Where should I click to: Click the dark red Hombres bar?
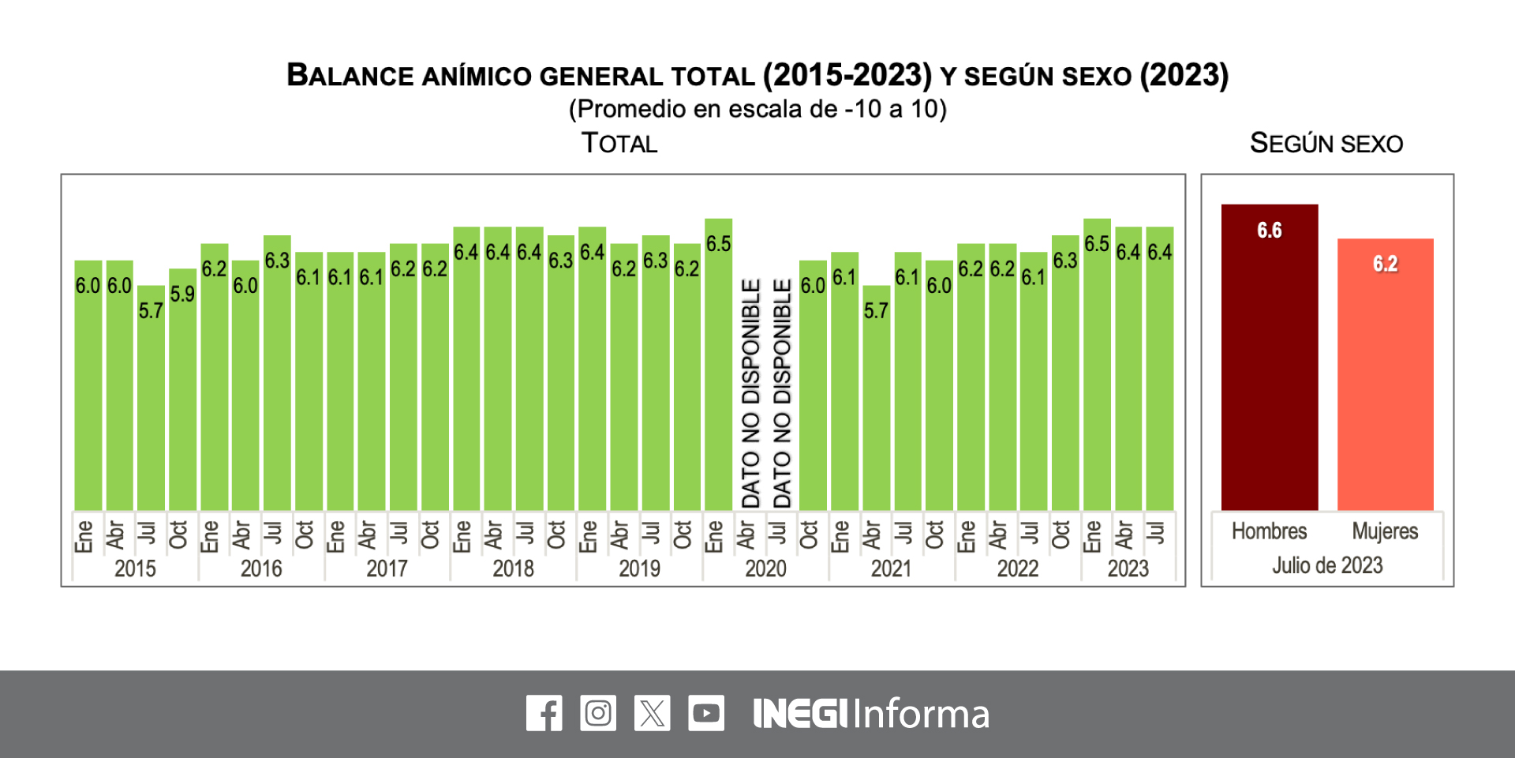[1269, 363]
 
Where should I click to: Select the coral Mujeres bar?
[1385, 379]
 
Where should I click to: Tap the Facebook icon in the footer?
[544, 713]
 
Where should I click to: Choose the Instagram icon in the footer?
[598, 713]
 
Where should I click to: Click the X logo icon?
[652, 713]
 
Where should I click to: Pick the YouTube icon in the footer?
[705, 713]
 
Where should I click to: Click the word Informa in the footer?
[921, 714]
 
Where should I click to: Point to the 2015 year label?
[135, 568]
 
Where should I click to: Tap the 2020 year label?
[765, 568]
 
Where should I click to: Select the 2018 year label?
[513, 568]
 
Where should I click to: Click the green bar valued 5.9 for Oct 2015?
[182, 395]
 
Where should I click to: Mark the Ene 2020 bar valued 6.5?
[718, 371]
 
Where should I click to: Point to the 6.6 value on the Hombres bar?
[1269, 231]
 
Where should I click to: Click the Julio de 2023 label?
[1327, 565]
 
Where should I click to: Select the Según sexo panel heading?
[1326, 144]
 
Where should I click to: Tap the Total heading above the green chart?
[619, 144]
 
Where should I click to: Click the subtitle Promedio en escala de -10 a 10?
[757, 109]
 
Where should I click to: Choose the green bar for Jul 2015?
[151, 403]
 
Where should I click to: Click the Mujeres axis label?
[1385, 531]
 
